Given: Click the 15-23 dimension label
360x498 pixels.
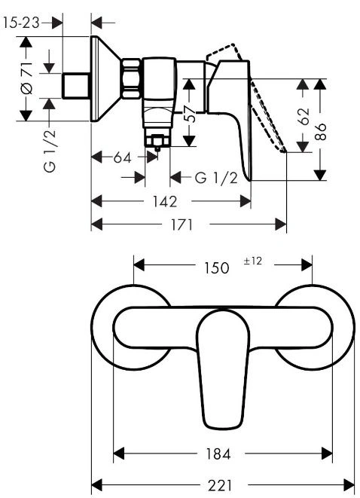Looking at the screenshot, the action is coord(21,23).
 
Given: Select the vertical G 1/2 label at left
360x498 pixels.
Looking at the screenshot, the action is coord(50,151).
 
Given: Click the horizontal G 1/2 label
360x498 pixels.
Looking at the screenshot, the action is coord(216,178).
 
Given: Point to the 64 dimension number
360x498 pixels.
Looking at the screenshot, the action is coord(122,157).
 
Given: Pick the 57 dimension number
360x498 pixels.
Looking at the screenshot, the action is coord(190,114).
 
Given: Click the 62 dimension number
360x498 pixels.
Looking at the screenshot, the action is coord(304,117).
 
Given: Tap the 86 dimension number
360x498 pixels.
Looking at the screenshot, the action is coord(321,132).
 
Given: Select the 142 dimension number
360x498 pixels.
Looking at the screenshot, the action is coord(165,202).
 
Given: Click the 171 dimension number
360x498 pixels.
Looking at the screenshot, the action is coord(182,225).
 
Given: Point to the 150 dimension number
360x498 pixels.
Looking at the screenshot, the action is coord(216,267).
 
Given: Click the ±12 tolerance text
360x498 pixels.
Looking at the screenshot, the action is coord(253,261).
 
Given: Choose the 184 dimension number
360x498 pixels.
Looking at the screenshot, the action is coord(218,454).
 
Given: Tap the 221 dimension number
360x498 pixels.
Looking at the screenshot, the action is coord(220,486).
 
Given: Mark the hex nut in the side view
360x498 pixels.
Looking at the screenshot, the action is coord(131,78).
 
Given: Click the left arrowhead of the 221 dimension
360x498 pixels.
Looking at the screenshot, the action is coord(96,485).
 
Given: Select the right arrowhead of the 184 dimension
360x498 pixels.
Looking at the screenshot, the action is coord(327,454).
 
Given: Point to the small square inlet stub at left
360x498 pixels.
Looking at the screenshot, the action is coord(75,86).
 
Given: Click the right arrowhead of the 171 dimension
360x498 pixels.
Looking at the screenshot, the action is coord(281,225).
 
